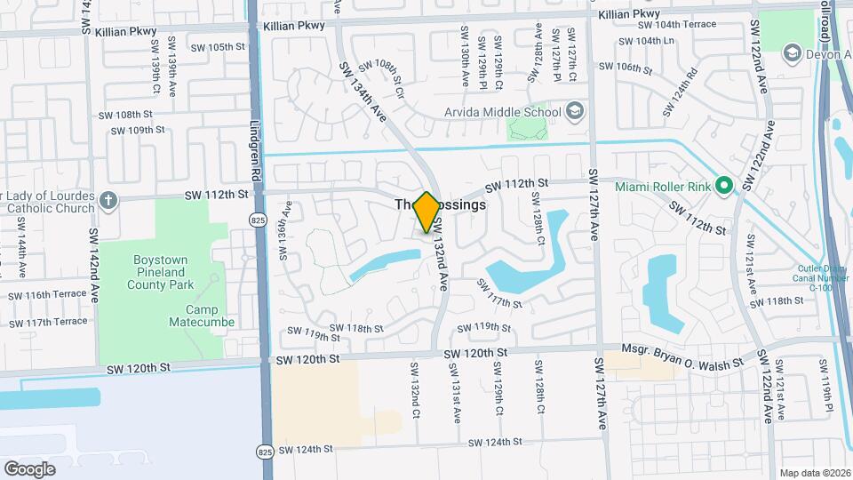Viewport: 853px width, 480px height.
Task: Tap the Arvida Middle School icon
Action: [574, 112]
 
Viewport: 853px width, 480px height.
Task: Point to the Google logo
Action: [29, 468]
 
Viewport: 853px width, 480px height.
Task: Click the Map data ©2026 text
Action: [814, 473]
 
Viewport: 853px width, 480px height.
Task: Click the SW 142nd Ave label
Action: [92, 255]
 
